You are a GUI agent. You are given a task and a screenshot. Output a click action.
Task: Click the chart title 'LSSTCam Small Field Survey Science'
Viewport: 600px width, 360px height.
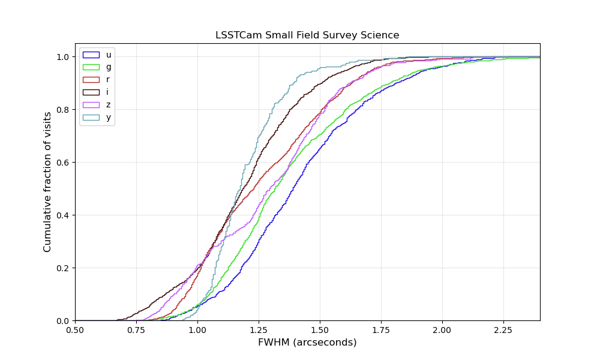(x=307, y=35)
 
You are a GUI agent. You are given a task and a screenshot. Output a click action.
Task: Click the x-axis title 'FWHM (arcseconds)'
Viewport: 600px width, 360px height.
(x=307, y=343)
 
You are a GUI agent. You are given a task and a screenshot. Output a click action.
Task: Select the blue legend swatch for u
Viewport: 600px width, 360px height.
(x=91, y=55)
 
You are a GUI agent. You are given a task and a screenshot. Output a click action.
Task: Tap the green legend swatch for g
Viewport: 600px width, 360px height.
(x=91, y=67)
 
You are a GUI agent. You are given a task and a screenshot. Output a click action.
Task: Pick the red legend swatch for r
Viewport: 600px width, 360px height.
(x=91, y=80)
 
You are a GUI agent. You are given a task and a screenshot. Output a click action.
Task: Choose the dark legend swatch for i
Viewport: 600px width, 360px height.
(x=91, y=92)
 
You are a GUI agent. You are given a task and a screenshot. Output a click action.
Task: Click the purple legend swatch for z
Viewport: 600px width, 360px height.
(x=91, y=105)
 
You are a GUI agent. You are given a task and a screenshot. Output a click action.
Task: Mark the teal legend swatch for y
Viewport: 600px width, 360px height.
(x=91, y=118)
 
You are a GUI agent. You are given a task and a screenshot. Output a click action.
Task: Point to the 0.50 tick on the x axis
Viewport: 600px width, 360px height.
(x=75, y=329)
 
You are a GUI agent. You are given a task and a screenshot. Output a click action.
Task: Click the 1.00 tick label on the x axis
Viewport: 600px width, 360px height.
(x=197, y=329)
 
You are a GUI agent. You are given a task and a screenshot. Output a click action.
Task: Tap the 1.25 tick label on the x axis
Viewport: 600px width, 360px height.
(x=259, y=329)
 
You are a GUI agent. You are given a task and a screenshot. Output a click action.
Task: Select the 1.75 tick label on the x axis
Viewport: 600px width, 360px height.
(x=381, y=329)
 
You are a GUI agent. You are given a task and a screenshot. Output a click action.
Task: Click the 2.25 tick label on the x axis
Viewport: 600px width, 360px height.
(x=503, y=329)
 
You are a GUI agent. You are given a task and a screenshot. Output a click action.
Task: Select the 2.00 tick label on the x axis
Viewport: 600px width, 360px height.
(x=442, y=329)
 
